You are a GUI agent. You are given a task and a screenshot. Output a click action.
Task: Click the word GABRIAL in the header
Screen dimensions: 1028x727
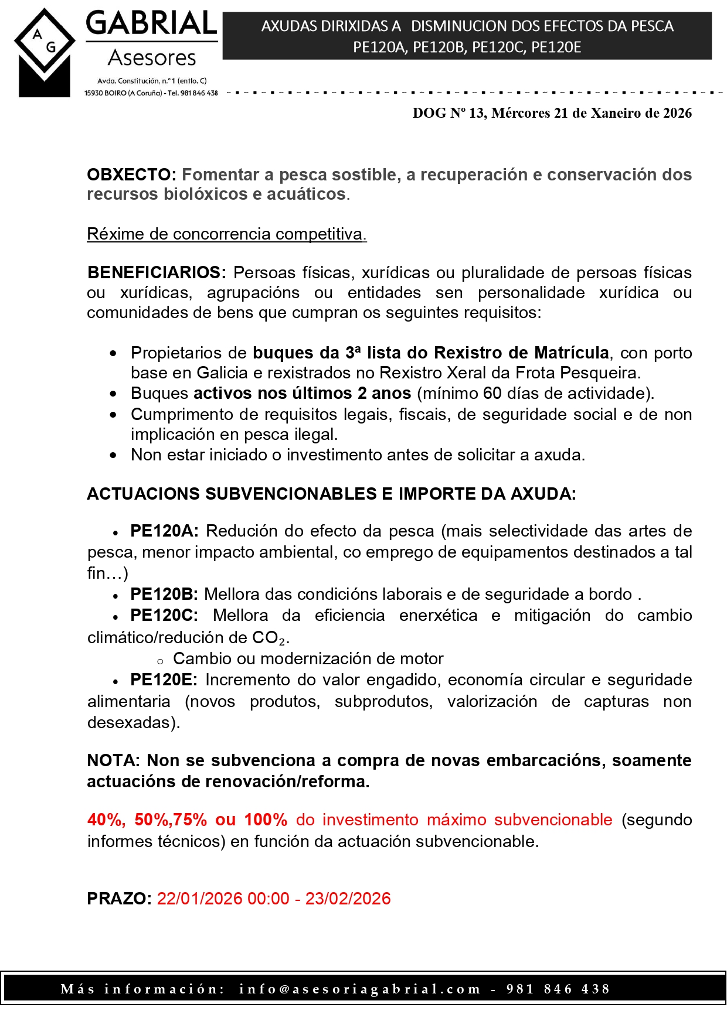pyautogui.click(x=151, y=24)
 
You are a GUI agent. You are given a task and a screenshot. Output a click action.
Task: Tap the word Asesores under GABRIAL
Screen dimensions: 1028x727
pyautogui.click(x=152, y=58)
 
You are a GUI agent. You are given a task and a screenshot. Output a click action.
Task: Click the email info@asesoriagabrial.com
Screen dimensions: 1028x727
pyautogui.click(x=359, y=989)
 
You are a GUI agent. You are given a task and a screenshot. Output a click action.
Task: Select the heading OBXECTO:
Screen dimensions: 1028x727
pyautogui.click(x=131, y=175)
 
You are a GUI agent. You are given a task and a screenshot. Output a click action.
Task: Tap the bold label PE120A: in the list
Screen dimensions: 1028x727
pyautogui.click(x=164, y=531)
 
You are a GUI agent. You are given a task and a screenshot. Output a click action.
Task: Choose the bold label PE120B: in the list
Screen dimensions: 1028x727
pyautogui.click(x=164, y=594)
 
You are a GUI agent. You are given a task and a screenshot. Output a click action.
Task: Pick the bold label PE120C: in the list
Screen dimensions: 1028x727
pyautogui.click(x=164, y=615)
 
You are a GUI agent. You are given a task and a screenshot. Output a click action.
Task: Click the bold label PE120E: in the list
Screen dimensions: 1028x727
pyautogui.click(x=164, y=679)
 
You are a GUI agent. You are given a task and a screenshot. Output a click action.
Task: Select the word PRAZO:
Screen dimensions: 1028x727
pyautogui.click(x=119, y=899)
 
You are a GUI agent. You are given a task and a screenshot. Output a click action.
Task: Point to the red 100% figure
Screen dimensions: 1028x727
pyautogui.click(x=266, y=819)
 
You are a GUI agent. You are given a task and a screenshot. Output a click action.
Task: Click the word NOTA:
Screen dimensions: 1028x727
pyautogui.click(x=113, y=760)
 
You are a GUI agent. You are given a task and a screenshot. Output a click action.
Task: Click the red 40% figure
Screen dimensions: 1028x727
pyautogui.click(x=106, y=819)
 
